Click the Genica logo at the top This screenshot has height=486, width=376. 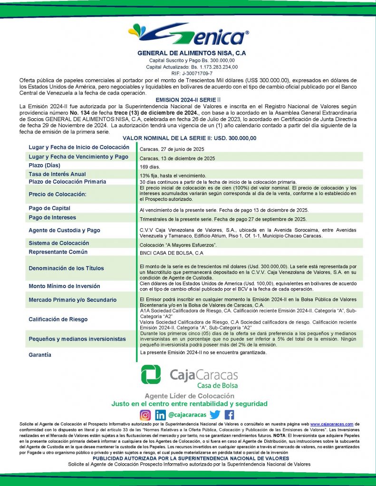coord(188,34)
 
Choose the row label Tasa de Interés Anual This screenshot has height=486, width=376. coord(58,174)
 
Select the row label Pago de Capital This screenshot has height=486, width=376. coord(49,208)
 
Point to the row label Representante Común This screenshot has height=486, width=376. coord(58,252)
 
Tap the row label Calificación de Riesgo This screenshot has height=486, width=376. coord(58,319)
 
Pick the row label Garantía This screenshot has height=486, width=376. coord(40,355)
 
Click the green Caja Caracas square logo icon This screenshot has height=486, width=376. coord(151,374)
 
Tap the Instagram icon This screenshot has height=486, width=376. coord(145,414)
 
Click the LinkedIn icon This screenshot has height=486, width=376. coord(161,414)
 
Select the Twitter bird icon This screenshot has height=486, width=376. coord(215,414)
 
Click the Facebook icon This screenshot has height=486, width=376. coord(229,414)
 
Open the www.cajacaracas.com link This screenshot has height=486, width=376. coord(332,424)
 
